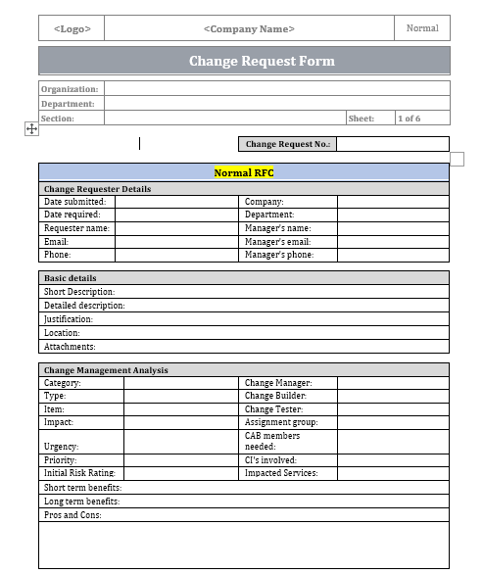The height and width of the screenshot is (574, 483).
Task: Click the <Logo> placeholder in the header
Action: coord(72,28)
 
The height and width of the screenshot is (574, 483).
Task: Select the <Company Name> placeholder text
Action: coord(249,28)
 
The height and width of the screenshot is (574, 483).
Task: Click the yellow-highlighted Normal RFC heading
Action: coord(244,172)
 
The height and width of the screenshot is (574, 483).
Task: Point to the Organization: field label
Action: coord(71,89)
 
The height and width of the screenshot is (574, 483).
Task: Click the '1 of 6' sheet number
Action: coord(409,119)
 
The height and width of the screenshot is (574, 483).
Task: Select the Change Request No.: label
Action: coord(288,144)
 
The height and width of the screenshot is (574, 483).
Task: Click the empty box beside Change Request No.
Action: coord(392,144)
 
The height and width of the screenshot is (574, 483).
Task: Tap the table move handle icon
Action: coord(30,128)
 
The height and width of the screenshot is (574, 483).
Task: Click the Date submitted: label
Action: coord(74,202)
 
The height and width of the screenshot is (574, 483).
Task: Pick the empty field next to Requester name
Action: coord(176,228)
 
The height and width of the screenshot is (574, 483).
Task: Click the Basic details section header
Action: coord(71,278)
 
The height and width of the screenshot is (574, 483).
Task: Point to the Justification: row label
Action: coord(69,319)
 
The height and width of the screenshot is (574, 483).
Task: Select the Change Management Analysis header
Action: coord(106,370)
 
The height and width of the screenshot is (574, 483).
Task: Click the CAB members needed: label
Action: coord(272,441)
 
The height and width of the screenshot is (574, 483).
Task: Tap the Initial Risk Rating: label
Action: coord(80,473)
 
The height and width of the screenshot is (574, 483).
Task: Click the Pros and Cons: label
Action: coord(72,515)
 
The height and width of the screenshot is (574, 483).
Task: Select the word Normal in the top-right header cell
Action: coord(422,28)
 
